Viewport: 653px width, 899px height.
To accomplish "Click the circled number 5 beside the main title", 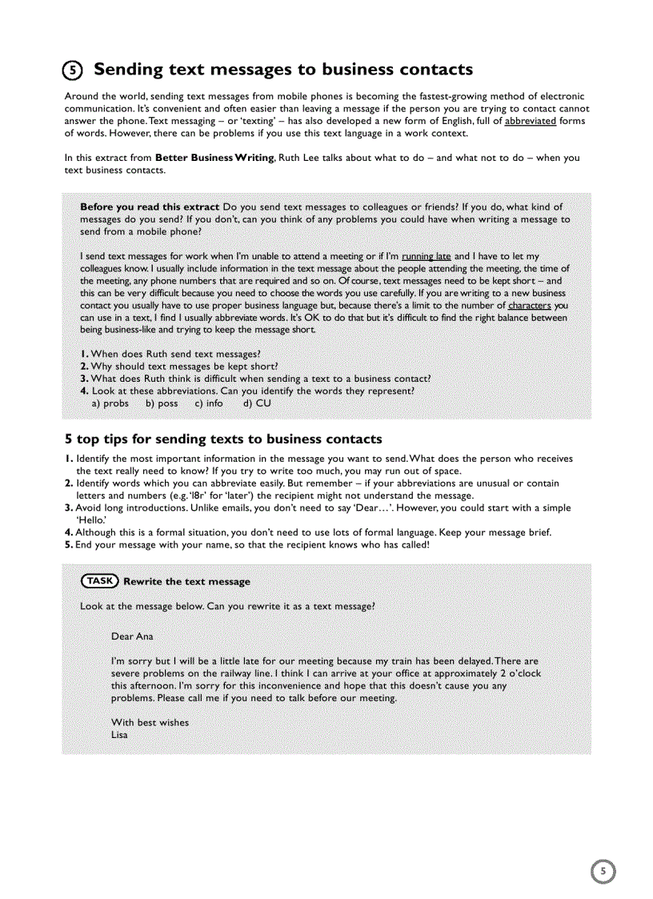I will coord(74,70).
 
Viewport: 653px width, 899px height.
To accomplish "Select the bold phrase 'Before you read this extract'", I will coord(150,207).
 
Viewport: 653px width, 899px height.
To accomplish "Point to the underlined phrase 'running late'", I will coord(426,256).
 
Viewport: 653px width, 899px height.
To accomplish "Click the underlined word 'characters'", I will coord(529,305).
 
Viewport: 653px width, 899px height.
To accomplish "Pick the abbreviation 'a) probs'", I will coord(110,403).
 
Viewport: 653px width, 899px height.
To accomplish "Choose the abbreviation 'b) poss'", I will coord(162,403).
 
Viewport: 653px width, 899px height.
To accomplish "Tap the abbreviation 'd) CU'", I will coord(257,403).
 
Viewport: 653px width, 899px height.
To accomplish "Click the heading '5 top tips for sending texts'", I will coord(223,439).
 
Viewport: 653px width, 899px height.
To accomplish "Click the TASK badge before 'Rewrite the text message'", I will coord(100,581).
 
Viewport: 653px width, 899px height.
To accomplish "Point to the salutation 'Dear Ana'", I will coord(132,636).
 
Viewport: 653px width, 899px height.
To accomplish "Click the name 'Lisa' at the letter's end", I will coord(119,735).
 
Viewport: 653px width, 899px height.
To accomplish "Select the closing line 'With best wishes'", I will coord(150,722).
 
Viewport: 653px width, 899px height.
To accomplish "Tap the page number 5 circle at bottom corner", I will coord(603,871).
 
